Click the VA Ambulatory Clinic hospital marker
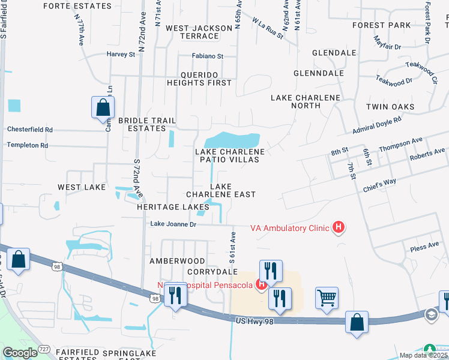pyautogui.click(x=339, y=227)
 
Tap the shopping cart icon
pyautogui.click(x=327, y=297)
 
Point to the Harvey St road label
pyautogui.click(x=121, y=54)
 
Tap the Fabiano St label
pyautogui.click(x=207, y=56)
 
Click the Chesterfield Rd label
pyautogui.click(x=30, y=129)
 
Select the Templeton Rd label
pyautogui.click(x=28, y=145)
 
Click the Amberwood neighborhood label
pyautogui.click(x=177, y=261)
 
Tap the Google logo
pyautogui.click(x=20, y=352)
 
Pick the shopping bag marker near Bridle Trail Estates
pyautogui.click(x=103, y=107)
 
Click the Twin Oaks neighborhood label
pyautogui.click(x=390, y=107)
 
